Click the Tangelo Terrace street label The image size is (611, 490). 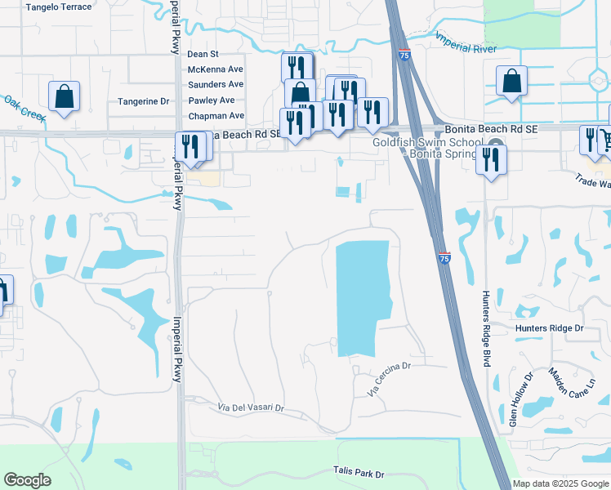(x=59, y=7)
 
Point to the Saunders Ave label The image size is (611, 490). (x=216, y=84)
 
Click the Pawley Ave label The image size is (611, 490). (x=211, y=100)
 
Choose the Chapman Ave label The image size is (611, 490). (x=216, y=116)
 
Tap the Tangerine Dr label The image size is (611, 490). (x=142, y=101)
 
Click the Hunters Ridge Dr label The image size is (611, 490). (x=550, y=328)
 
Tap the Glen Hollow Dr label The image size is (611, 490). (x=520, y=400)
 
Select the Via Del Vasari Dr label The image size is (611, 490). (x=250, y=407)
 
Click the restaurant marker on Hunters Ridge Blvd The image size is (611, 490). (x=491, y=158)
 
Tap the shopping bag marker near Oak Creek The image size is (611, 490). (x=64, y=96)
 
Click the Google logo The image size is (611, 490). (x=27, y=480)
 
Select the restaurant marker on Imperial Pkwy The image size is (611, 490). (x=186, y=147)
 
